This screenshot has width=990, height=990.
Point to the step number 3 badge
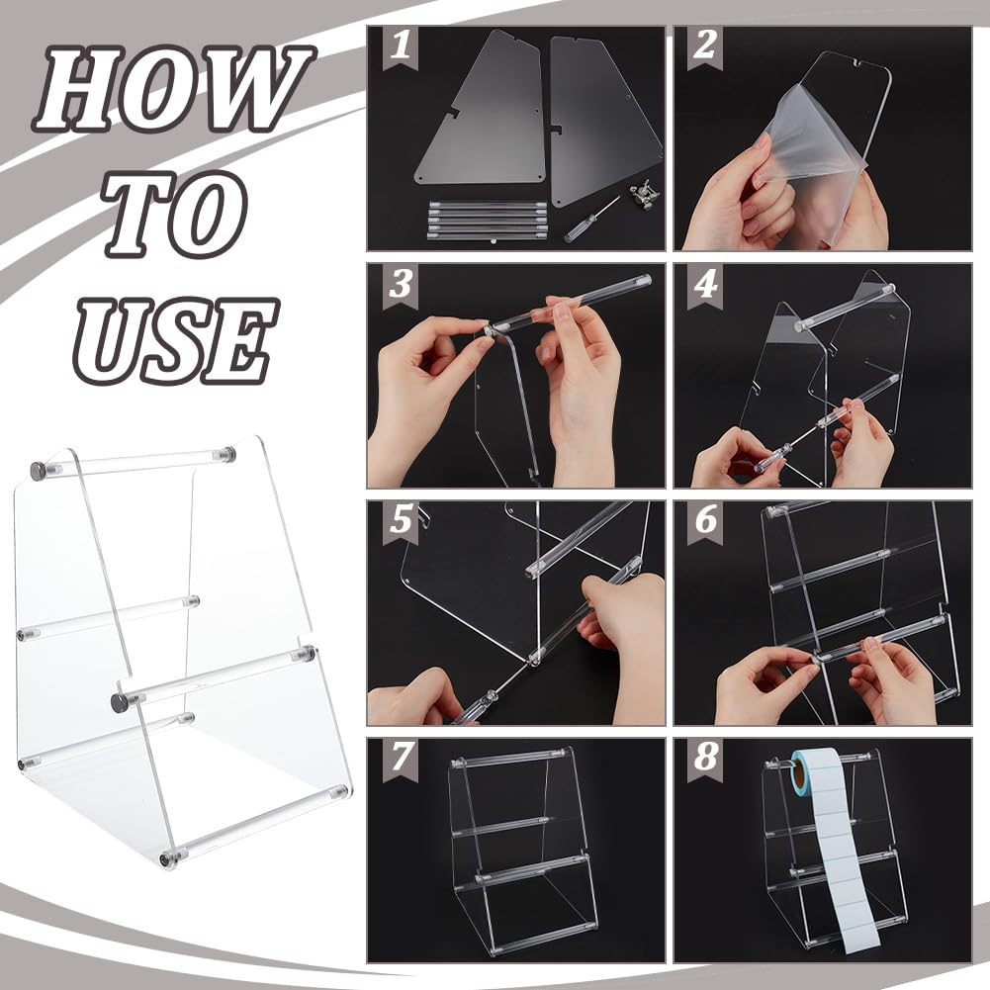401,285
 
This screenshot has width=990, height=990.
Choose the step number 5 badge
401,522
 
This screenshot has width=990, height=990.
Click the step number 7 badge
401,759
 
